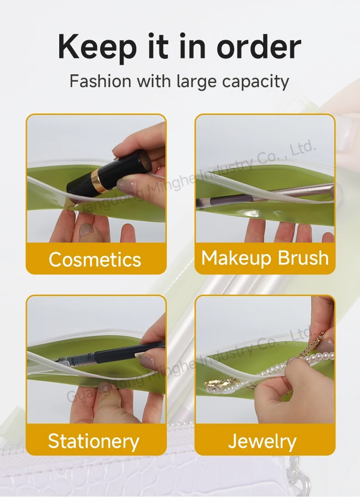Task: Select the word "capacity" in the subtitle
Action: point(256,82)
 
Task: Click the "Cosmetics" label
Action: point(95,259)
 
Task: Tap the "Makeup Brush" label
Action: point(265,258)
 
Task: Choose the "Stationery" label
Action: point(94,441)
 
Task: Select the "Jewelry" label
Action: point(262,441)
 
